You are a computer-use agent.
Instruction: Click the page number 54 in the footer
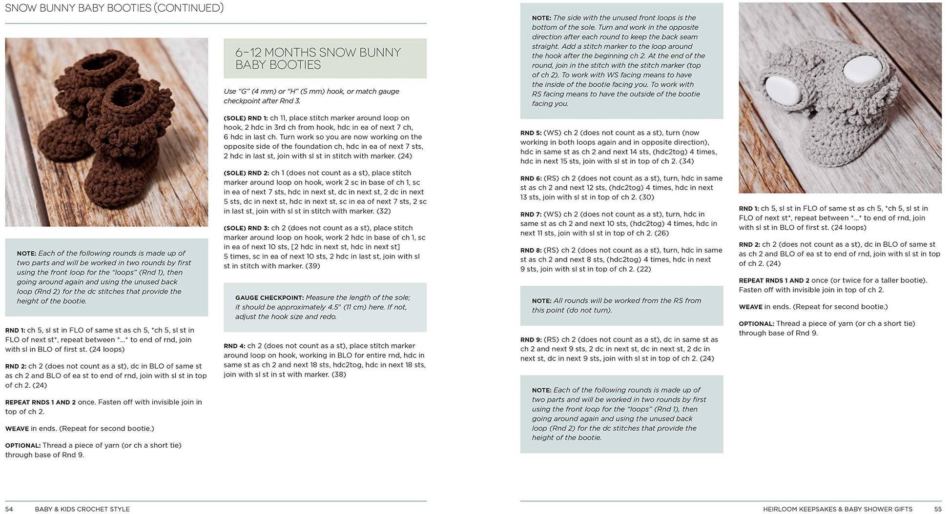[x=9, y=509]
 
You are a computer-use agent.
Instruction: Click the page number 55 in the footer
[x=937, y=509]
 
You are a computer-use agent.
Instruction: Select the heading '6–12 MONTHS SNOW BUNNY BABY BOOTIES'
[x=318, y=59]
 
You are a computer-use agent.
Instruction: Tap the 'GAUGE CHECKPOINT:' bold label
[x=269, y=297]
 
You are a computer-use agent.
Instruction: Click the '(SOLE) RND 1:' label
[x=246, y=118]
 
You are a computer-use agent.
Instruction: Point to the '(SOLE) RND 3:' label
[x=246, y=228]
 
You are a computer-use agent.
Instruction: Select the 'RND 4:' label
[x=234, y=346]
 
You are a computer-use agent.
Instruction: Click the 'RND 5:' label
[x=531, y=133]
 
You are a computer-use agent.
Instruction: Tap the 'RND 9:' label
[x=531, y=339]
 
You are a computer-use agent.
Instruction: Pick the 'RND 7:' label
[x=531, y=214]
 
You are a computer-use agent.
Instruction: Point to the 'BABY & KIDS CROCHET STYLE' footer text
[x=82, y=509]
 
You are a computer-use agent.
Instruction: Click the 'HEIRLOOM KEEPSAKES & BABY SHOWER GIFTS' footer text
[x=837, y=509]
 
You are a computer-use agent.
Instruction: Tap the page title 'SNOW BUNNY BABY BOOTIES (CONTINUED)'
[x=114, y=8]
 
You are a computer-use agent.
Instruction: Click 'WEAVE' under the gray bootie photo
[x=750, y=307]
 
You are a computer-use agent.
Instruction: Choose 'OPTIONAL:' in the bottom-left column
[x=22, y=445]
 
